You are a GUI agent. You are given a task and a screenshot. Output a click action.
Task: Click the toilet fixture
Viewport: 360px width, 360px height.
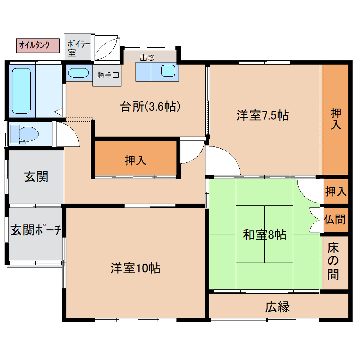coord(28,136)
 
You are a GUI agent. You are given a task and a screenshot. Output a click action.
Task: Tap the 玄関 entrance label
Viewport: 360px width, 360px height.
coord(36,176)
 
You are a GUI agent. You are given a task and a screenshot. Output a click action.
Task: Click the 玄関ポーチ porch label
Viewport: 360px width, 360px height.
coord(36,230)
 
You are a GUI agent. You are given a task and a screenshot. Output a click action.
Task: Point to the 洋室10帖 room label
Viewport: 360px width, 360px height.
coord(135,267)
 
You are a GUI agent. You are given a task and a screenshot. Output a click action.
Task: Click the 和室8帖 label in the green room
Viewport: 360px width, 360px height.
coord(264,235)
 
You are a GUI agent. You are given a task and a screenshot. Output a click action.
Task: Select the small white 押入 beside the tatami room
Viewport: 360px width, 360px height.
coord(336,191)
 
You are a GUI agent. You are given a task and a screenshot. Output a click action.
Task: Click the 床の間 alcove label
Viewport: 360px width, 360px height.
coord(333,261)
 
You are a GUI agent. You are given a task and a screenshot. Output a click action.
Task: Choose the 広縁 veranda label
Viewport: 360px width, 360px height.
coord(277,306)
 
